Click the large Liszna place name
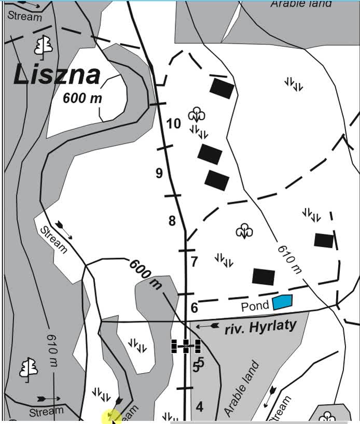[57, 75]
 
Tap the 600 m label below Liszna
[82, 98]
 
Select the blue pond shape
[282, 302]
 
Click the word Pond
[255, 305]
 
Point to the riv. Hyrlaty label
[260, 327]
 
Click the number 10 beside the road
[173, 123]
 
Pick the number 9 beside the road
[159, 173]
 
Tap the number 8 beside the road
[172, 221]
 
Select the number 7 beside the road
[194, 262]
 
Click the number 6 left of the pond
[194, 308]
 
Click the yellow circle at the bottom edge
[112, 416]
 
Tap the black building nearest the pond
[264, 277]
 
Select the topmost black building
[222, 88]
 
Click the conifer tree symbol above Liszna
[44, 46]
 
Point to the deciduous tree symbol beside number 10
[197, 114]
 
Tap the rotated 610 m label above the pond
[289, 258]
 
